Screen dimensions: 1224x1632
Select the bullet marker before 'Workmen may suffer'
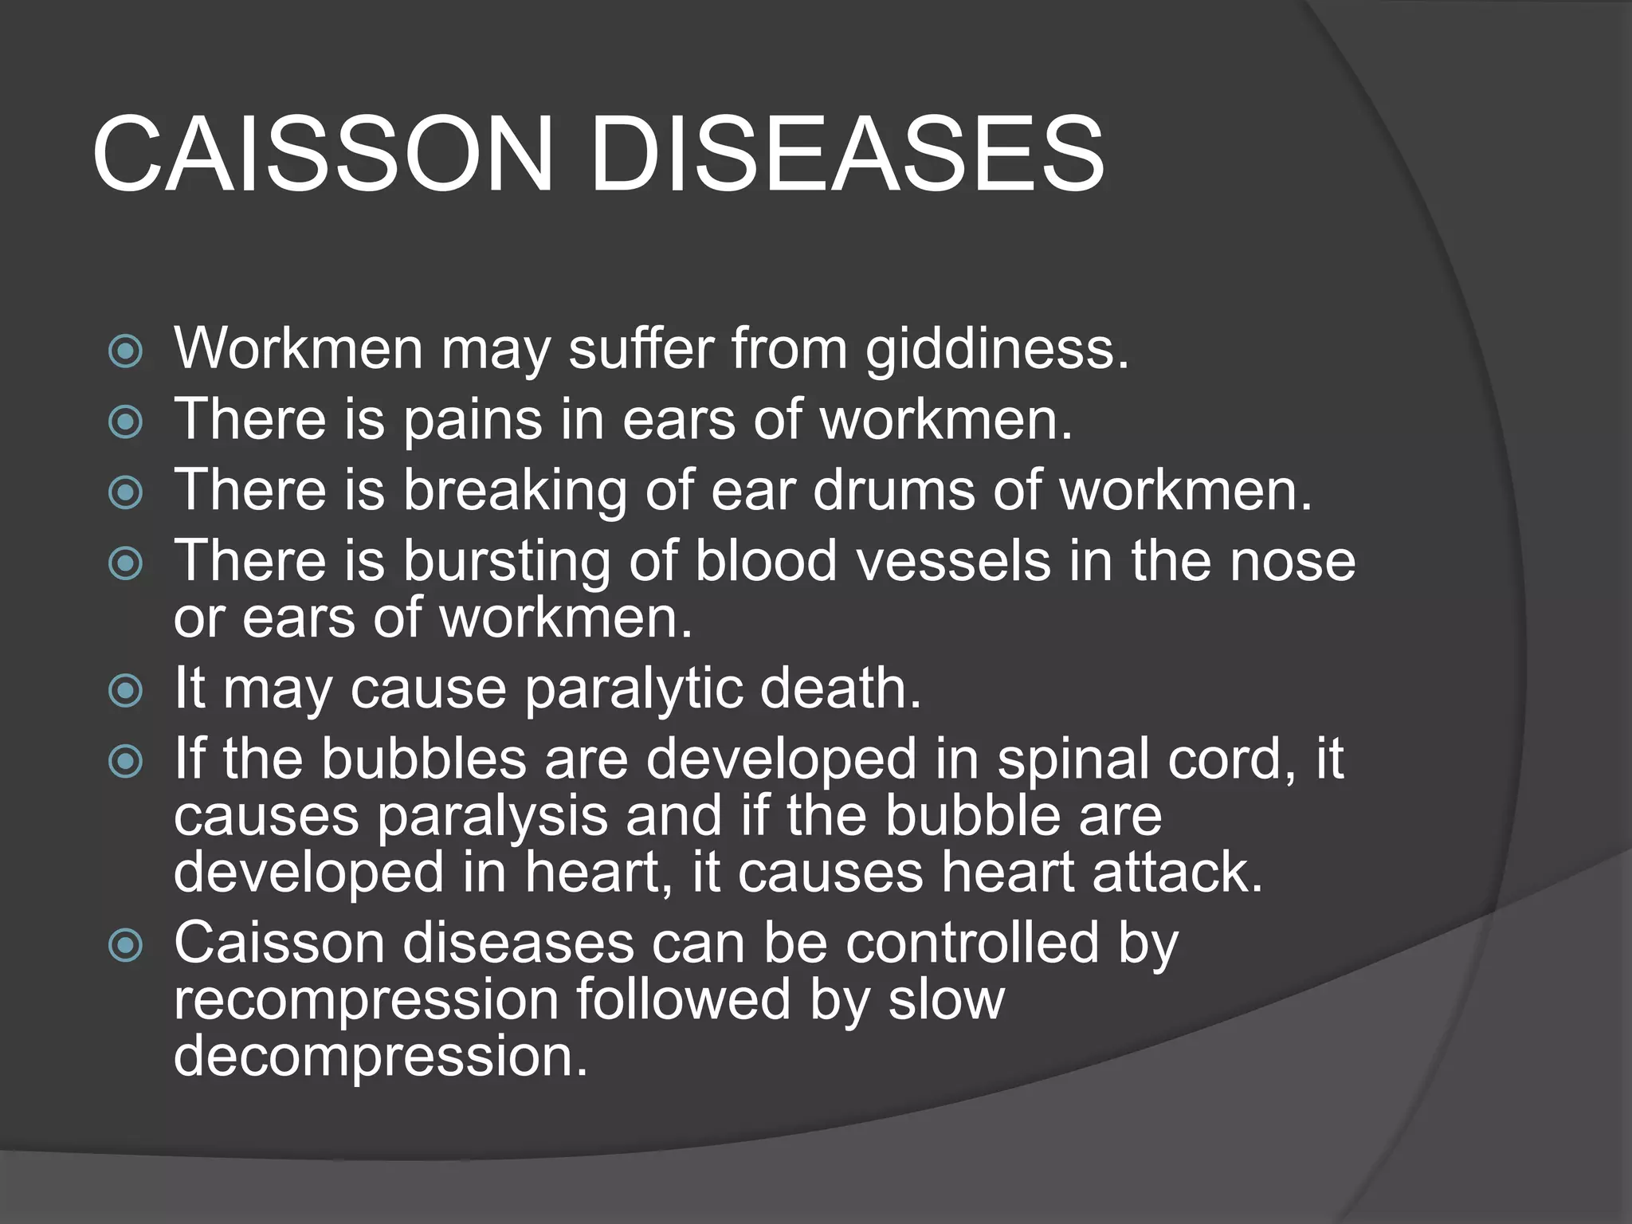[126, 351]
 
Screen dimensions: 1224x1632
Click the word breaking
[515, 490]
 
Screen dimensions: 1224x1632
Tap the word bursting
[505, 560]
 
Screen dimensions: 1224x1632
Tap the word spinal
[1073, 759]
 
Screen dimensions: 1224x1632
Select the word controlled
[972, 943]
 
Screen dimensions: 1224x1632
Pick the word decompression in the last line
[380, 1056]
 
